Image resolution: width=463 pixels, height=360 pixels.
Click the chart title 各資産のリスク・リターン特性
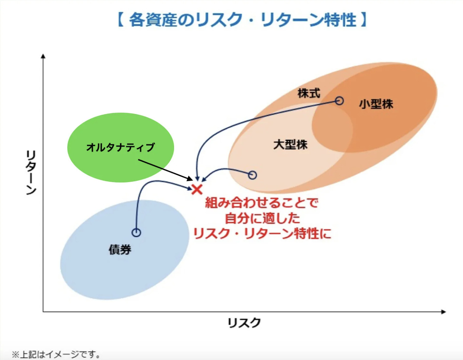click(x=242, y=19)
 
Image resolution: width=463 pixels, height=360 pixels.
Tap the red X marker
click(x=197, y=189)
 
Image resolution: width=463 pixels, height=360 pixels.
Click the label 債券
click(x=120, y=249)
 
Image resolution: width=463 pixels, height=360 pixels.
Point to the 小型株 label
click(x=376, y=104)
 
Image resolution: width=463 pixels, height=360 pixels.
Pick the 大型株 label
click(x=290, y=145)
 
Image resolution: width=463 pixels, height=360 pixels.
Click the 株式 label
click(x=309, y=93)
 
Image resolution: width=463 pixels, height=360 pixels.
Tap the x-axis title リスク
click(x=244, y=322)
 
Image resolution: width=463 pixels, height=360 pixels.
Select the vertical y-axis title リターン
click(x=31, y=173)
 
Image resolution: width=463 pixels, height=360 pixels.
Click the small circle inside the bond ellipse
click(x=136, y=233)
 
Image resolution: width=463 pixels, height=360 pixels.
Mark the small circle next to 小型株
click(x=339, y=101)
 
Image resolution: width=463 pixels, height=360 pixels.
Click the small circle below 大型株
click(x=252, y=175)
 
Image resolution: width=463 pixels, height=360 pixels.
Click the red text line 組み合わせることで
click(x=262, y=203)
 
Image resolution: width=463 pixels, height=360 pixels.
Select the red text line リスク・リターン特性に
click(x=262, y=233)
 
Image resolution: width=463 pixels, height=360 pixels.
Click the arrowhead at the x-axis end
click(x=443, y=312)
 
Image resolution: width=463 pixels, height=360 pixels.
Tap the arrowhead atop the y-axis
click(x=43, y=56)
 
